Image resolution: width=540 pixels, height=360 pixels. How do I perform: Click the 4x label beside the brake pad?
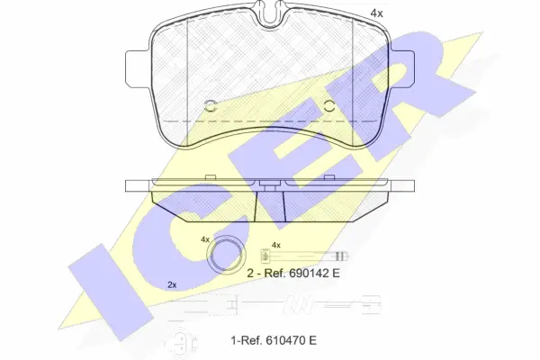376,13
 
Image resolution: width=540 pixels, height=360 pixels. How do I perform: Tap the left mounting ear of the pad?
138,68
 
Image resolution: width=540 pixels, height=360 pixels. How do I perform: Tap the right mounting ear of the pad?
402,68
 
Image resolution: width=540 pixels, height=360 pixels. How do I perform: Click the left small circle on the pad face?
210,106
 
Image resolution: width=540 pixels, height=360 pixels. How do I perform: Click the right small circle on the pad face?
329,106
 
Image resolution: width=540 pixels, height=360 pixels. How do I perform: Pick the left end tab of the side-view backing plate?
138,185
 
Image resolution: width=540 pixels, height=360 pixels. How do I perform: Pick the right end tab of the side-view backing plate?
402,185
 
